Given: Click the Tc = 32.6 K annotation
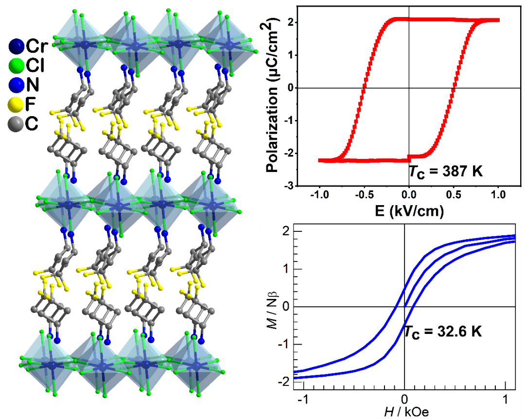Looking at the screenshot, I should [x=443, y=332].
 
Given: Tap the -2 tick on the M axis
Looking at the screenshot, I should [x=284, y=382].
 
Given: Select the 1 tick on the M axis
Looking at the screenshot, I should [x=286, y=269].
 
